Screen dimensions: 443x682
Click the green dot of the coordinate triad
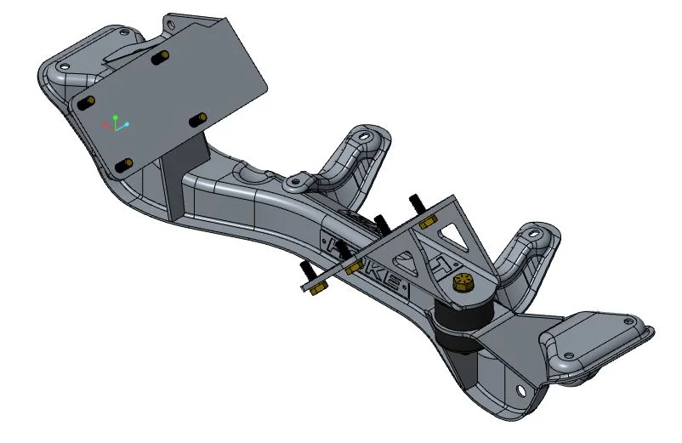click(x=115, y=117)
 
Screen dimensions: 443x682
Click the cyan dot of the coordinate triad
click(x=127, y=125)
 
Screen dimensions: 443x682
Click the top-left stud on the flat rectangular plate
click(x=85, y=101)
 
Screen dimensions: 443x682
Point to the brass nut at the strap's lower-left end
click(x=313, y=290)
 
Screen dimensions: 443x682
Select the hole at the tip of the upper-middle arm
click(x=365, y=136)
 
